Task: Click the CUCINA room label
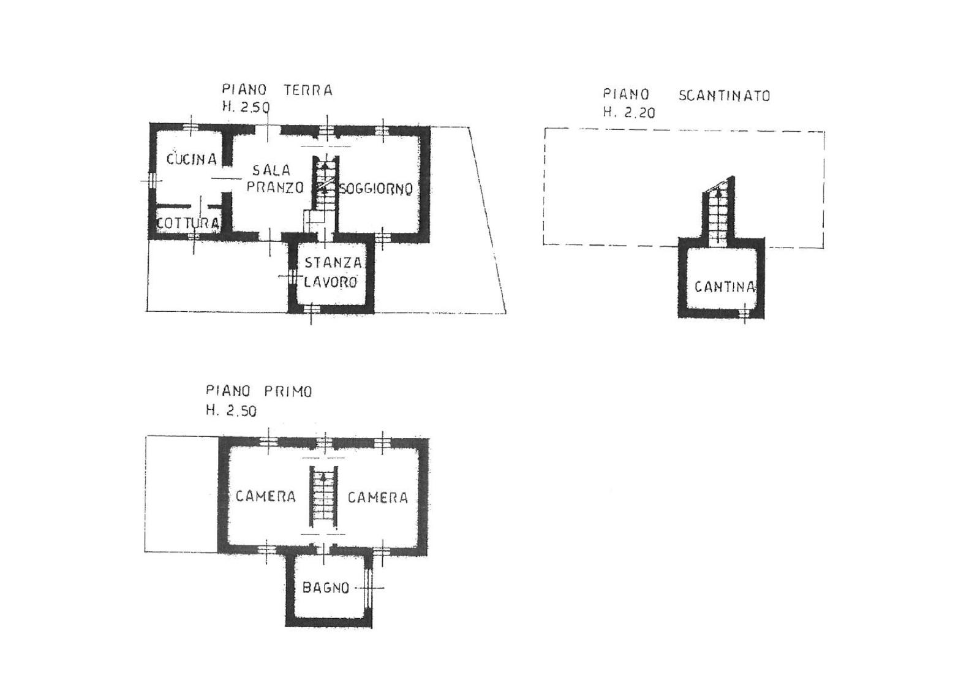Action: (x=192, y=159)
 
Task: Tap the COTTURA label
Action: (x=188, y=223)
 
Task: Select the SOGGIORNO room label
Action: (x=376, y=189)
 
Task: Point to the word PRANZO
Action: (x=275, y=187)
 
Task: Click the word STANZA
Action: (x=333, y=263)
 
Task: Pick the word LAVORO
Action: (x=331, y=282)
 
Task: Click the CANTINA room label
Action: (x=725, y=287)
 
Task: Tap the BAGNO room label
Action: (x=326, y=588)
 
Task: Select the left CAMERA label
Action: (x=266, y=496)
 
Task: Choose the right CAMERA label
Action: (x=377, y=497)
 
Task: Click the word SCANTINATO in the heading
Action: (x=724, y=96)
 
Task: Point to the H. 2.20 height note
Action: (x=629, y=113)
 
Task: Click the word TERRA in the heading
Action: (x=309, y=90)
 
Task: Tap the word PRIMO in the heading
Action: (x=288, y=391)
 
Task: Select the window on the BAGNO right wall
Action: (x=368, y=587)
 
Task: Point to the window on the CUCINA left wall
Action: (x=151, y=180)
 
